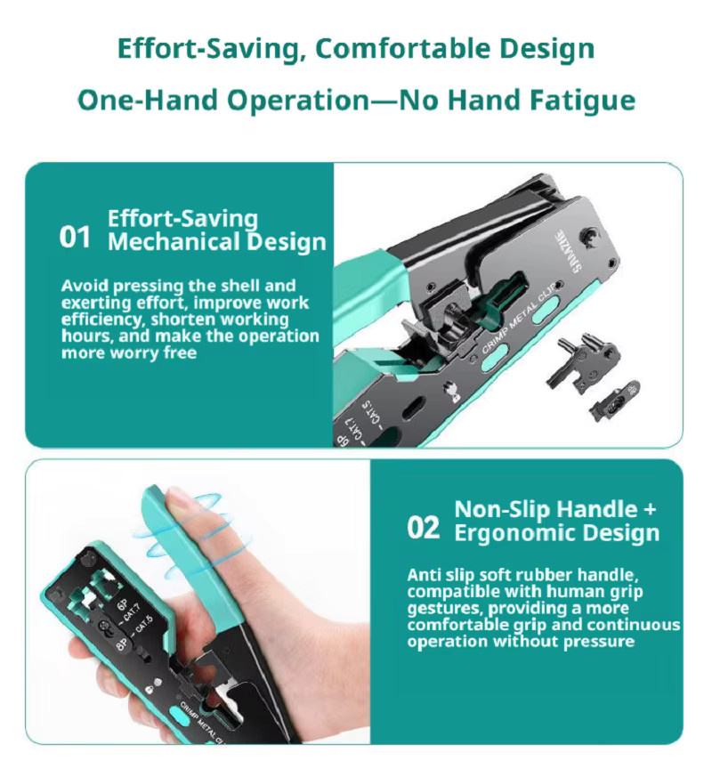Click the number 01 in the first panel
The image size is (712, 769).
75,237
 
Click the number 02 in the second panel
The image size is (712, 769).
423,528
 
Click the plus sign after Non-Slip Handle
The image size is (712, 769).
650,509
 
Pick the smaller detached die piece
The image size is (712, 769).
615,401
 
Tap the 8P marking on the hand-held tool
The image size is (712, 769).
122,644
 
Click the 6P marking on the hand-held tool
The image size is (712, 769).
123,606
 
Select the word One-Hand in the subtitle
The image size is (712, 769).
148,100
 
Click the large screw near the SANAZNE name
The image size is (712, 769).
588,235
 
